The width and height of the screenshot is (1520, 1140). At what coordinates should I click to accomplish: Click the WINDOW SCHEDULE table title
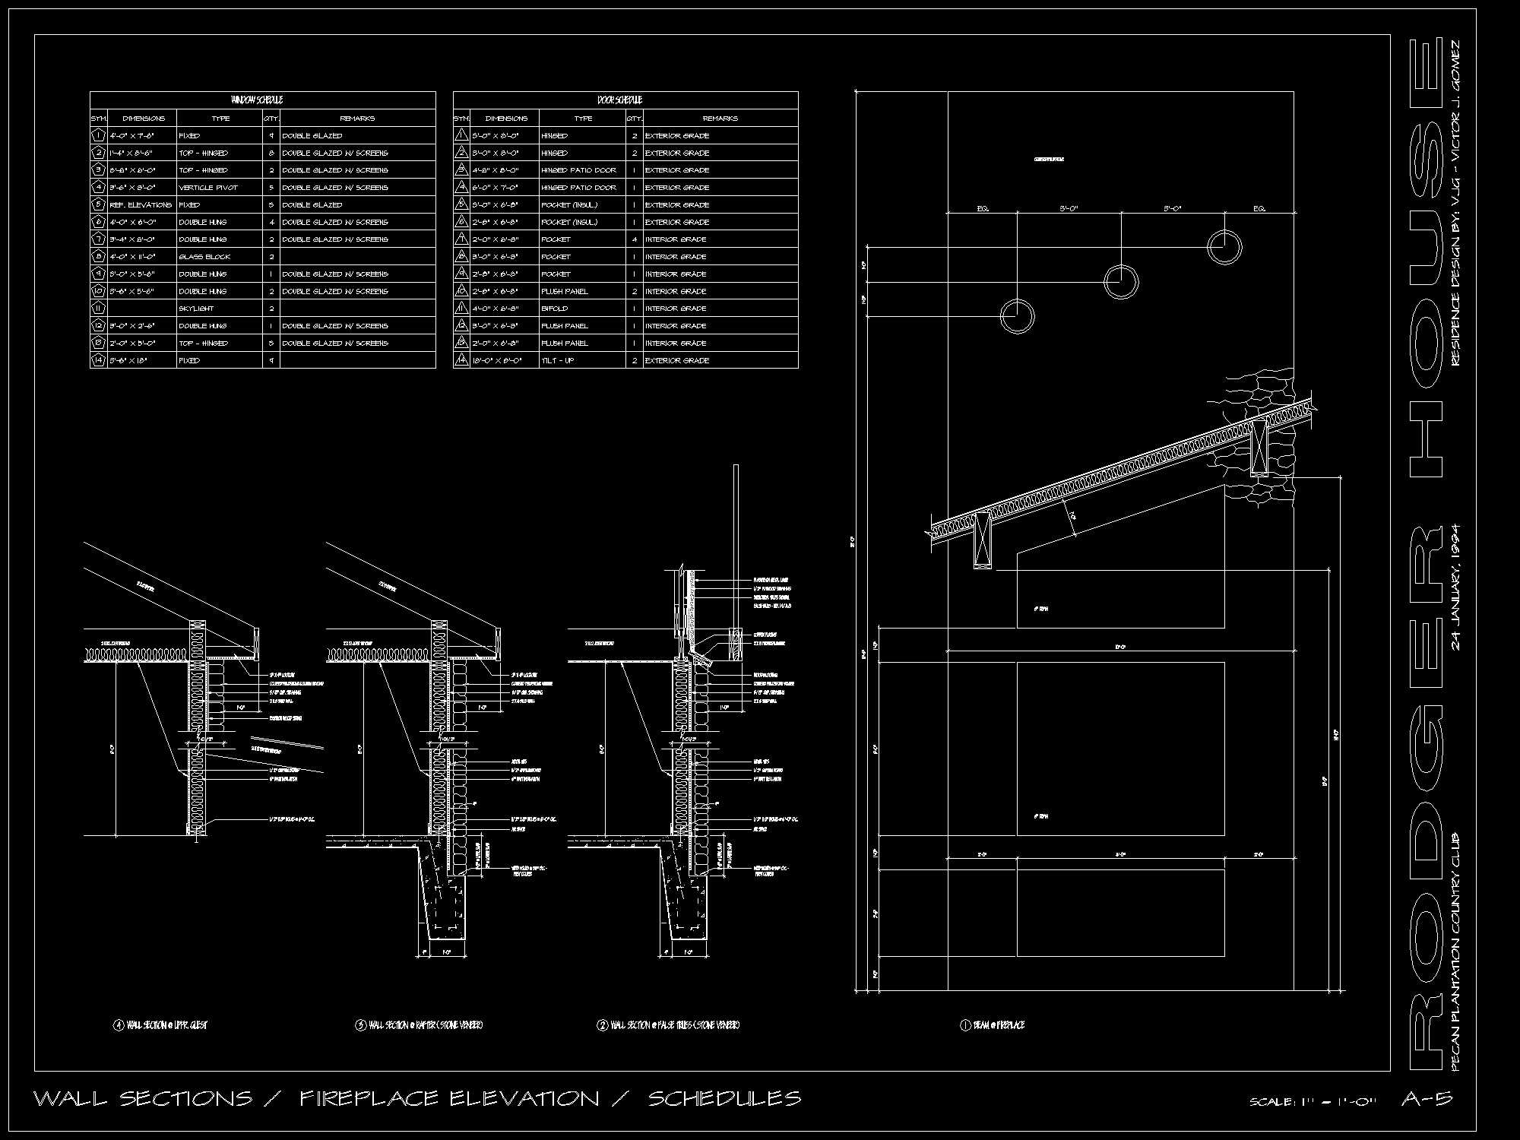click(x=257, y=100)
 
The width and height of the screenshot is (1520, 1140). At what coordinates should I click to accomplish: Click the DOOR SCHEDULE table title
click(x=619, y=100)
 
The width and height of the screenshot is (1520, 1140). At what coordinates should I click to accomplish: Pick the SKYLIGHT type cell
click(x=196, y=309)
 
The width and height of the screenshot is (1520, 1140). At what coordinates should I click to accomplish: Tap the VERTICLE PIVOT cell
click(x=208, y=188)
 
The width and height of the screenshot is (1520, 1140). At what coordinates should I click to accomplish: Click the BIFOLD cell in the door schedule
click(x=555, y=309)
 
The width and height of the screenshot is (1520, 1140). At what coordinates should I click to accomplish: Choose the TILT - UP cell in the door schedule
click(x=558, y=360)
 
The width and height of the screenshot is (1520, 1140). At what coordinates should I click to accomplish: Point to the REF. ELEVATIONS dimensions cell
click(x=141, y=205)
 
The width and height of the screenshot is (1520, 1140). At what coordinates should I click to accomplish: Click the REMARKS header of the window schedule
click(x=357, y=119)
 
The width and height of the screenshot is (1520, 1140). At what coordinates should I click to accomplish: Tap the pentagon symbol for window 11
click(x=99, y=309)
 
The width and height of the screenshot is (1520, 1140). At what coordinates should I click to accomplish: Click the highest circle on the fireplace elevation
click(x=1224, y=248)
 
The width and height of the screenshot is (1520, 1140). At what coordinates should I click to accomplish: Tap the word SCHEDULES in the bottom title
click(x=724, y=1099)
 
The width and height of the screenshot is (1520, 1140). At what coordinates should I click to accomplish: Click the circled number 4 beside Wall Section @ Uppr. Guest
click(x=119, y=1025)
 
